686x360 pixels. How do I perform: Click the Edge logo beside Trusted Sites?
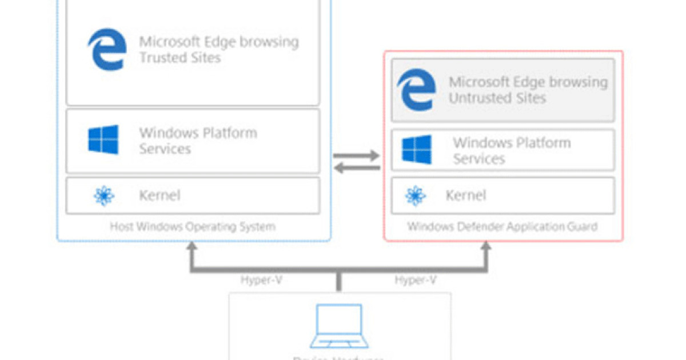click(x=107, y=50)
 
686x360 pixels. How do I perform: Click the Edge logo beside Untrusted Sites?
click(x=416, y=90)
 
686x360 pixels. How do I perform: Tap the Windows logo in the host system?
click(x=103, y=140)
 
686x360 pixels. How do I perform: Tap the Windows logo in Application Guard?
click(x=416, y=150)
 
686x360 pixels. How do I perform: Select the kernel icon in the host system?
click(x=104, y=196)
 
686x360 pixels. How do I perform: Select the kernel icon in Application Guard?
click(x=416, y=195)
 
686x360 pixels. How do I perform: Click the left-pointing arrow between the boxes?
click(x=357, y=167)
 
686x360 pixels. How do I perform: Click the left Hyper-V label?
click(x=262, y=281)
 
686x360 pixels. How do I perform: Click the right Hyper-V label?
click(x=416, y=281)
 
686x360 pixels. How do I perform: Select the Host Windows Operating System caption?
click(x=193, y=227)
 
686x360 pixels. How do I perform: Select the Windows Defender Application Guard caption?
click(x=502, y=227)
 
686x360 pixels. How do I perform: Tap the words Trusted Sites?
click(x=180, y=58)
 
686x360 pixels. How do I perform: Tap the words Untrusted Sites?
click(x=497, y=98)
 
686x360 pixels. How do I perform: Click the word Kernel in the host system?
click(x=159, y=195)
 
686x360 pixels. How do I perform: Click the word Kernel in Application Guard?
click(x=466, y=195)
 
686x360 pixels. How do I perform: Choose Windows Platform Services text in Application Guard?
click(x=511, y=150)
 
